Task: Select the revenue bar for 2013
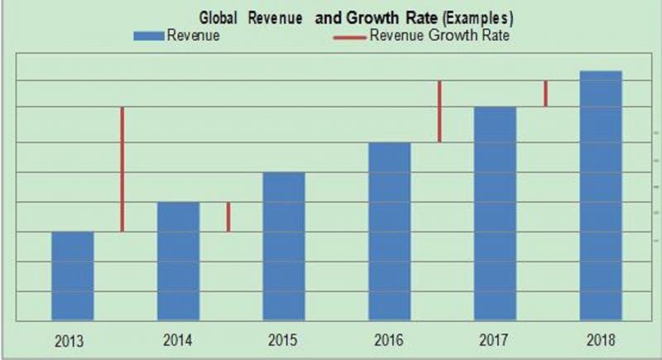[72, 276]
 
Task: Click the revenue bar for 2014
[178, 261]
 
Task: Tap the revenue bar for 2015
[284, 246]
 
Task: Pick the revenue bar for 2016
[389, 231]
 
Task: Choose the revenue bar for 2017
[495, 214]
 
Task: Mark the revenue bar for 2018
[600, 195]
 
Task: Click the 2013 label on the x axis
[72, 339]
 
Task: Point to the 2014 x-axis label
[178, 339]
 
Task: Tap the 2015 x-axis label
[284, 339]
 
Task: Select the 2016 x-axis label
[389, 339]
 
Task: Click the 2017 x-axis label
[495, 339]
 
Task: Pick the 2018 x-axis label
[600, 339]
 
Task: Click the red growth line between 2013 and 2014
[122, 169]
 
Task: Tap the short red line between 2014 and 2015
[228, 217]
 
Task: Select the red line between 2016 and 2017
[439, 111]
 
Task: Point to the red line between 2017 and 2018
[545, 94]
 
